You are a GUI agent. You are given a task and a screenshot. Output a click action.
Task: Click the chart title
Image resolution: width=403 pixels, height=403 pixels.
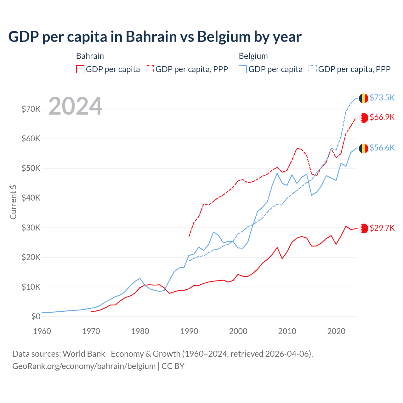click(155, 37)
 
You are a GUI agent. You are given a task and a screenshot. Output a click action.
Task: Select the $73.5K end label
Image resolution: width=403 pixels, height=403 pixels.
click(382, 98)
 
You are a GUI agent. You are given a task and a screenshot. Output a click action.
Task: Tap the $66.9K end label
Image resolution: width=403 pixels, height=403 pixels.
click(382, 117)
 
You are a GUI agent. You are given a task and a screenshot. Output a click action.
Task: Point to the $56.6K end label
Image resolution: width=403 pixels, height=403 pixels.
click(382, 148)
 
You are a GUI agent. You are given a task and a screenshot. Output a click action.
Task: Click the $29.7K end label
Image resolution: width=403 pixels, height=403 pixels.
click(382, 228)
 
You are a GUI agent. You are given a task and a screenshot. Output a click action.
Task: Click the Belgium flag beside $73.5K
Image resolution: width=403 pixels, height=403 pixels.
click(364, 98)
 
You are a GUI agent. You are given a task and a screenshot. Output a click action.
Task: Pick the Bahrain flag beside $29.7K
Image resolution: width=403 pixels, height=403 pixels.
click(364, 228)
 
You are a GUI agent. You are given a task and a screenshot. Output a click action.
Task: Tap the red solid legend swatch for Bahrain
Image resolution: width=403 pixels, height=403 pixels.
click(80, 69)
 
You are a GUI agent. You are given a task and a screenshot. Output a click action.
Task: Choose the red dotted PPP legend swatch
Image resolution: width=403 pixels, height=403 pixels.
click(150, 69)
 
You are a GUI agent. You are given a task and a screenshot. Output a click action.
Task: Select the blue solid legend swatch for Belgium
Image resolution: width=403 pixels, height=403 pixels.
click(243, 69)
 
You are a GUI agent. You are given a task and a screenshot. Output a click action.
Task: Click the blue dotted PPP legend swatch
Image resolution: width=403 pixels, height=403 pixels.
click(313, 69)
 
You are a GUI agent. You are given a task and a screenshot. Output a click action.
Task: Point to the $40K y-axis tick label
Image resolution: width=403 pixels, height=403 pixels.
click(31, 198)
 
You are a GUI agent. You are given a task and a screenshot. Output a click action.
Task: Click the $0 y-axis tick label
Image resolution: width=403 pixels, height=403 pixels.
click(36, 316)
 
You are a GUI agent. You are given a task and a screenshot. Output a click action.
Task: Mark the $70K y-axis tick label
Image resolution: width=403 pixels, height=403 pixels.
click(31, 109)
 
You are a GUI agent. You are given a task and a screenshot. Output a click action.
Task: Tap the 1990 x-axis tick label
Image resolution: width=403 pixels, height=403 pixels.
click(189, 331)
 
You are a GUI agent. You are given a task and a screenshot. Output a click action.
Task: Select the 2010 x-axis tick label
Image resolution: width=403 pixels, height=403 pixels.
click(287, 331)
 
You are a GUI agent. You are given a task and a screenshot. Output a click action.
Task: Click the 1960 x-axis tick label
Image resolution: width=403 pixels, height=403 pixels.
click(42, 331)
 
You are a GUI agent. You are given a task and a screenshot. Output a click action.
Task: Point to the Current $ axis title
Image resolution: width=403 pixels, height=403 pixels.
click(13, 202)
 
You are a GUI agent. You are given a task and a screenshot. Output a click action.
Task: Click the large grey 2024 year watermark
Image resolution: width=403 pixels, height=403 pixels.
click(76, 106)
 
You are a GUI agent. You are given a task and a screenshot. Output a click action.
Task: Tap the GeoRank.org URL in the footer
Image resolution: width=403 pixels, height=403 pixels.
click(84, 366)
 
